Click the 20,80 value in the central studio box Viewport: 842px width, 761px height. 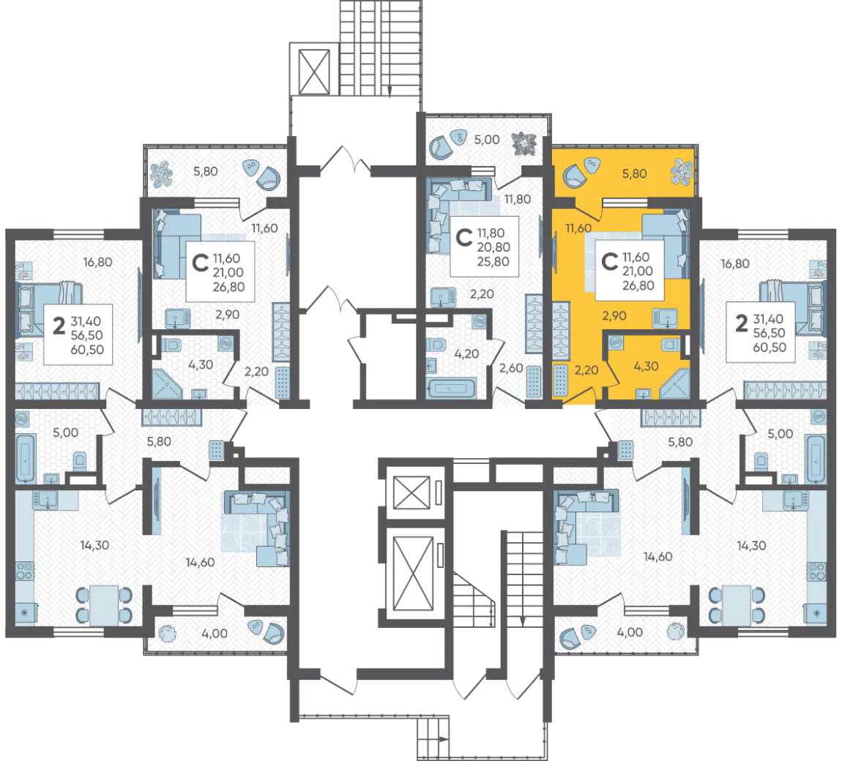[493, 247]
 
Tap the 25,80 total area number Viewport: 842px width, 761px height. [493, 262]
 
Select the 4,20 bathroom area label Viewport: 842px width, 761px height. [466, 354]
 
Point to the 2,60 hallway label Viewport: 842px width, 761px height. [510, 368]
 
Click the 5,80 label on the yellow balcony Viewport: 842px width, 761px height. [634, 174]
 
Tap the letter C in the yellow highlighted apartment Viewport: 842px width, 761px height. [609, 262]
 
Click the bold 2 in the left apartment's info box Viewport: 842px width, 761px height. [59, 326]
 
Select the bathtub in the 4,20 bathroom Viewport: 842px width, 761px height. [451, 388]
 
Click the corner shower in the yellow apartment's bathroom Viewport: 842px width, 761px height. [674, 383]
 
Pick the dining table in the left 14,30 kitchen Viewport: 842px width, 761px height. [104, 605]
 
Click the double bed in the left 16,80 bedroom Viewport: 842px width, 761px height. [49, 310]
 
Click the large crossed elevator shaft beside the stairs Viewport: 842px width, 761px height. [413, 574]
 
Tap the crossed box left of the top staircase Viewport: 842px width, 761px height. [314, 72]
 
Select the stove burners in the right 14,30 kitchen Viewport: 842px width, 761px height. [817, 571]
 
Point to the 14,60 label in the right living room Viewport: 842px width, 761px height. [657, 557]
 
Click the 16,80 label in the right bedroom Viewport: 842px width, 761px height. [734, 264]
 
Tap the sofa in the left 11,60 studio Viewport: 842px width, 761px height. [176, 244]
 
